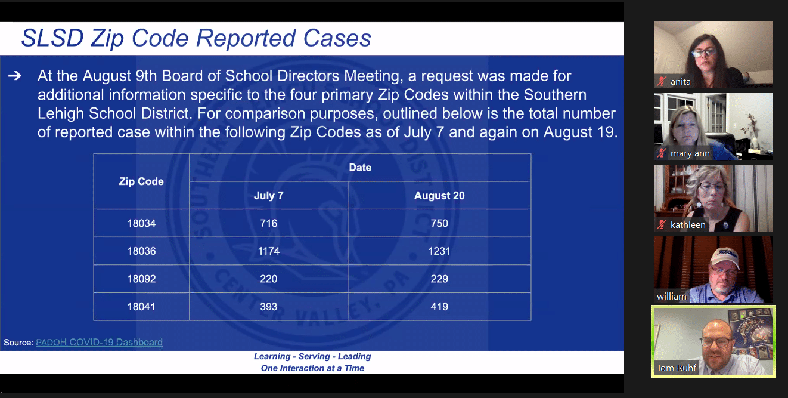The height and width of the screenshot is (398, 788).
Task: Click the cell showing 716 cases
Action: click(269, 223)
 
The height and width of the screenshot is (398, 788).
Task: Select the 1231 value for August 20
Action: click(439, 251)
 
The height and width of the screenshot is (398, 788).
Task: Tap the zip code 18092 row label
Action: click(141, 279)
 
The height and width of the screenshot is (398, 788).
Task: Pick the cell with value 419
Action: click(439, 307)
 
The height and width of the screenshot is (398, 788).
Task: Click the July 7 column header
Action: click(269, 196)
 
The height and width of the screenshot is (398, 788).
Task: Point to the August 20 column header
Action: click(439, 196)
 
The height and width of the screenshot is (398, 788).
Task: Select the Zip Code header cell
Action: click(141, 181)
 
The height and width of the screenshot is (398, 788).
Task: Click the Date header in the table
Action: click(360, 168)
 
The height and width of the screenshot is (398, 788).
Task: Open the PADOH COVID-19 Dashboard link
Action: click(99, 343)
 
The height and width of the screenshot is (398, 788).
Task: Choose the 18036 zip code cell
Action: click(141, 251)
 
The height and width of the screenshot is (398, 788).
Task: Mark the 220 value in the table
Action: click(269, 279)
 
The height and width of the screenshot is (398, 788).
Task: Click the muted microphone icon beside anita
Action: click(661, 82)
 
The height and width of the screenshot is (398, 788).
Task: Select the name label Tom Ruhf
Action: click(677, 368)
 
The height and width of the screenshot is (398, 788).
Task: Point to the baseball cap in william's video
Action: click(724, 257)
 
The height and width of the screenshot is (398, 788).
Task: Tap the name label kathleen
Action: click(688, 225)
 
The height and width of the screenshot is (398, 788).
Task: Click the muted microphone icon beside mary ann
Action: click(661, 153)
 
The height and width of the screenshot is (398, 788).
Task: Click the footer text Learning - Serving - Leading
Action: click(312, 356)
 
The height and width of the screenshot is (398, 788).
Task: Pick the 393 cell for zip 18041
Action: click(269, 307)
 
